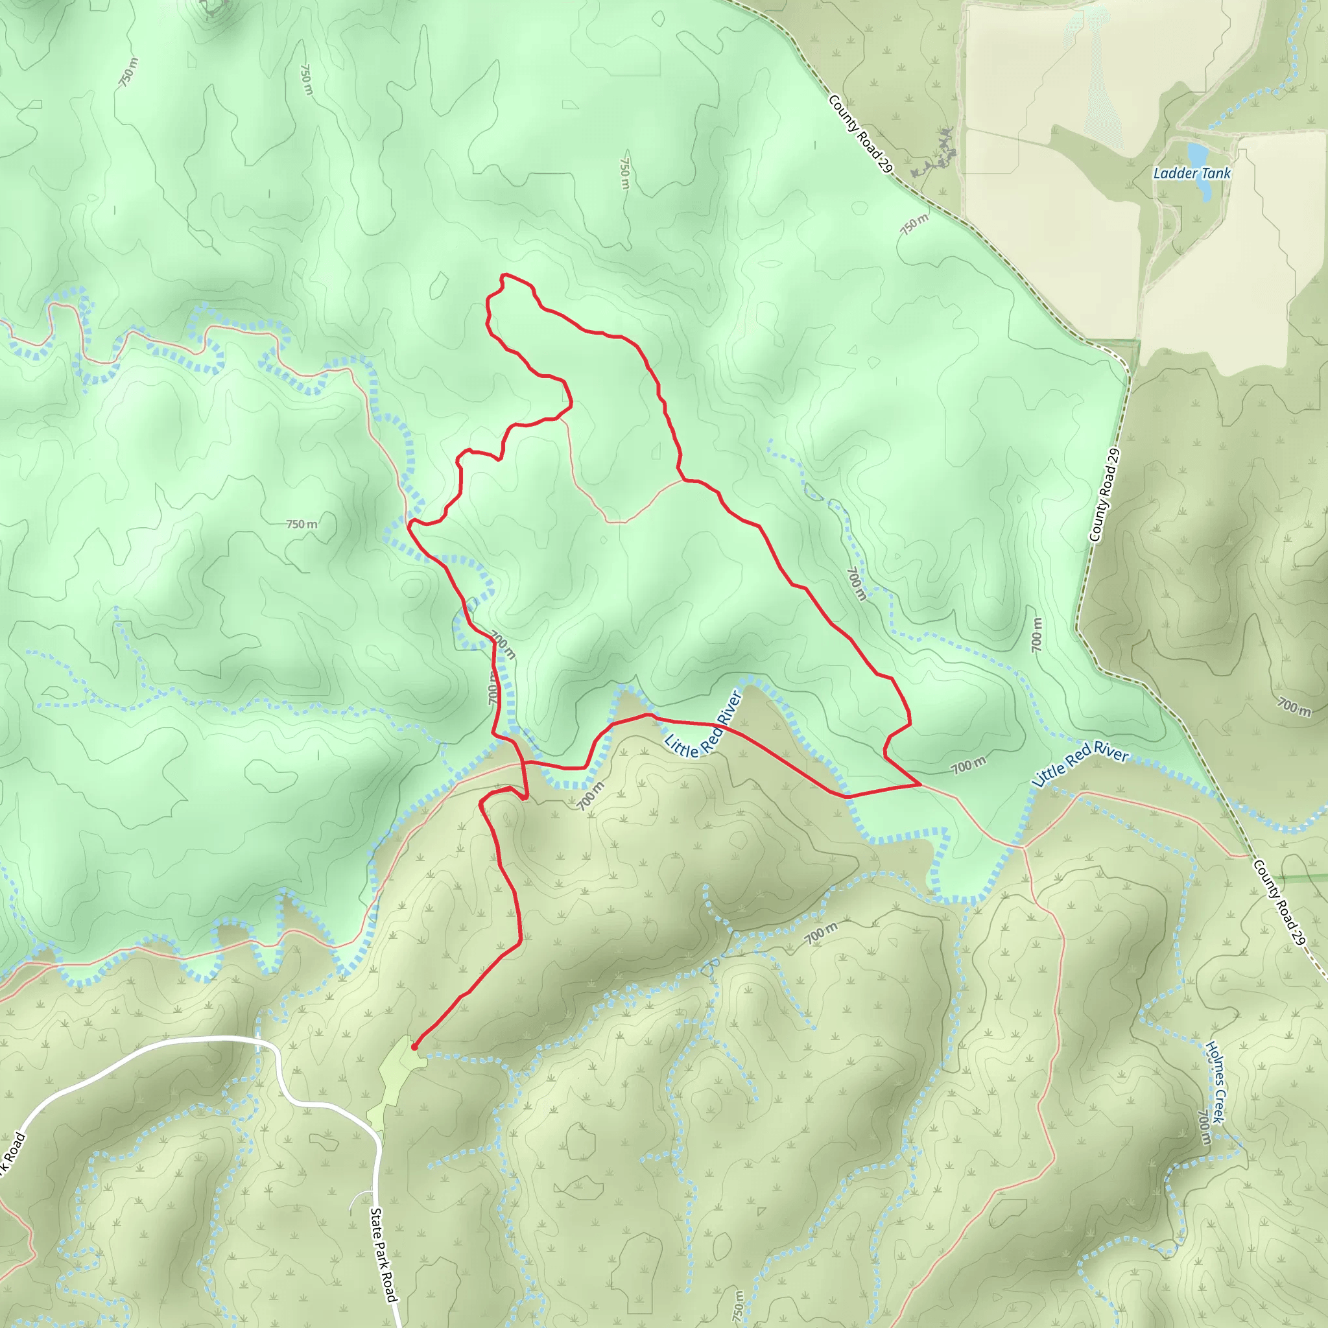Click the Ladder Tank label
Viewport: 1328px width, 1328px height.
[x=1191, y=173]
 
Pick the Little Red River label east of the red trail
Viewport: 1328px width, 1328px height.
[x=1079, y=763]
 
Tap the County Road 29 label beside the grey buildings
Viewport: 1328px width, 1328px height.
[x=860, y=134]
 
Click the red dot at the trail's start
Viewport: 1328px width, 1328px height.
[x=414, y=1047]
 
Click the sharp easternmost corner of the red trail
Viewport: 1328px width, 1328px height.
[x=919, y=783]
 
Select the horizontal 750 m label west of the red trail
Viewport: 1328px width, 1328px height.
[x=302, y=524]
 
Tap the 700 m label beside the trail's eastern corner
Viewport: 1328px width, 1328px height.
[x=969, y=765]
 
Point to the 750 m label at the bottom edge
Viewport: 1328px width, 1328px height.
[x=737, y=1305]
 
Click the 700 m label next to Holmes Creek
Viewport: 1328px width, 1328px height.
[x=1203, y=1126]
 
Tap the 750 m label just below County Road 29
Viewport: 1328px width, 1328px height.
[x=914, y=224]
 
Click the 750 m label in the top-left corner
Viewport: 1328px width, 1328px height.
[x=128, y=72]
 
